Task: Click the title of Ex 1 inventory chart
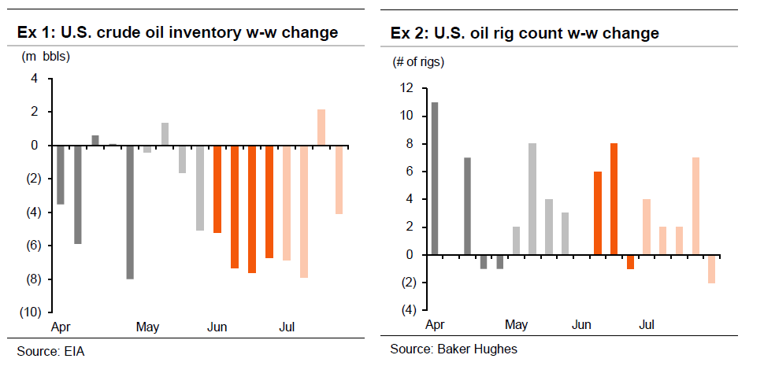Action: [177, 32]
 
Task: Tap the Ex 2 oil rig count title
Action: [525, 33]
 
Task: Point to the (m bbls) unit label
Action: [46, 57]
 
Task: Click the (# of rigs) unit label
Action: [418, 62]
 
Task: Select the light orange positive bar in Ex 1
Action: [321, 128]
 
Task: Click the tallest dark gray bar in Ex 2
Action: [435, 179]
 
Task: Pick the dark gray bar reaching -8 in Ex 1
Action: [130, 212]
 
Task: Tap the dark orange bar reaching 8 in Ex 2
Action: [614, 198]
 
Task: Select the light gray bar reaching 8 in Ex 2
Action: [532, 198]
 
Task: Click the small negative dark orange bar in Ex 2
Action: [630, 261]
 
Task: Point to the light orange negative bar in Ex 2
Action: [712, 269]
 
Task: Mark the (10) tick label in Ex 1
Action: [29, 312]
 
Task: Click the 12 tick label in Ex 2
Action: [406, 88]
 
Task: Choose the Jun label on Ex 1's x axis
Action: [217, 327]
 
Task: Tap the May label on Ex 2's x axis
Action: [516, 324]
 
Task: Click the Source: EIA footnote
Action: [50, 351]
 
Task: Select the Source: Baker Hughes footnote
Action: [454, 349]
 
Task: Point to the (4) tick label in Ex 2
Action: [407, 310]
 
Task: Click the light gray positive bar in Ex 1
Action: [165, 134]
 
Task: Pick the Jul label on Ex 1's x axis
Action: [287, 327]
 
